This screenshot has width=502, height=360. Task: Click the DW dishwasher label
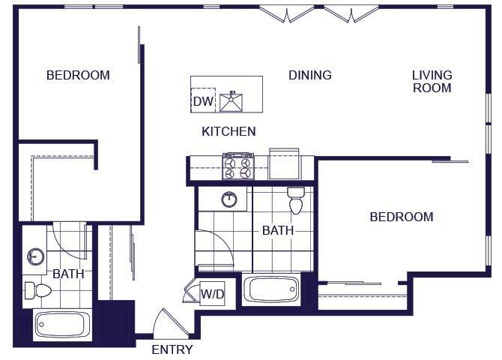(203, 101)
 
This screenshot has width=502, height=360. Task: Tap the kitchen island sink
(235, 100)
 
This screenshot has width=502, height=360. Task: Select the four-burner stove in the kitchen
(238, 166)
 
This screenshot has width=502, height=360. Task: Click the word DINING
(310, 75)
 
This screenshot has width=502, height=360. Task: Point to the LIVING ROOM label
(432, 81)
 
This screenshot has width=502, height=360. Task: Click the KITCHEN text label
(229, 131)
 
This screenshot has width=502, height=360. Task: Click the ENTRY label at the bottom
(172, 349)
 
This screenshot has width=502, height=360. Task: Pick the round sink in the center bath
(229, 199)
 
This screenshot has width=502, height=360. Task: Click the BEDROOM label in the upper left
(78, 75)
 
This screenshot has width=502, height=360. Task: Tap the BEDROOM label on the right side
(402, 217)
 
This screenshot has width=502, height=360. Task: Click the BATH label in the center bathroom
(277, 231)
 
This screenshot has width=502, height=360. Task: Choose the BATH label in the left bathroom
(67, 274)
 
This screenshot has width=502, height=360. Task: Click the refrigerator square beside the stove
(285, 163)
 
